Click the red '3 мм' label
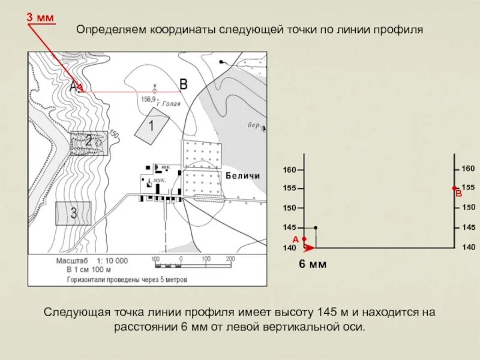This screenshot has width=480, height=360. (x=40, y=17)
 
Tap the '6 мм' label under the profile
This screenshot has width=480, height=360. (x=313, y=265)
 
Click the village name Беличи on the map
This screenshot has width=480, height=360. (x=243, y=176)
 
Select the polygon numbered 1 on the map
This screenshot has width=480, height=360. (x=151, y=127)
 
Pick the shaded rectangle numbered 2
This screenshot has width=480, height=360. (x=88, y=143)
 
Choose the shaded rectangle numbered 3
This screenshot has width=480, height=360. (x=73, y=213)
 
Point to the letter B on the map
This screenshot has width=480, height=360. (x=183, y=85)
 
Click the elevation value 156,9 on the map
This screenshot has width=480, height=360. (x=148, y=99)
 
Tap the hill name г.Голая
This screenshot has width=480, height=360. (x=168, y=104)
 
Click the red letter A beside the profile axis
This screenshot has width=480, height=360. (x=296, y=239)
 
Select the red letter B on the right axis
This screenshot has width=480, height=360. (x=458, y=196)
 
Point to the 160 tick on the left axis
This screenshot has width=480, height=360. (x=290, y=170)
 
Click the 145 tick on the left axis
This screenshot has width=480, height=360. (x=290, y=228)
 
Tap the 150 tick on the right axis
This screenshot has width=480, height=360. (x=468, y=208)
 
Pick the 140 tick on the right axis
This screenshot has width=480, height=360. (x=468, y=247)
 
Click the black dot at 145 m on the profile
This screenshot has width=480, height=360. (x=316, y=228)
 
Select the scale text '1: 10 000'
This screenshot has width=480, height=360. (x=109, y=261)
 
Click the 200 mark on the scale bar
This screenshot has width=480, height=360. (x=229, y=259)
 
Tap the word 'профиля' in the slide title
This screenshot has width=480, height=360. (x=403, y=29)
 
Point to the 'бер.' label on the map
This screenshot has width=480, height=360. (x=253, y=126)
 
